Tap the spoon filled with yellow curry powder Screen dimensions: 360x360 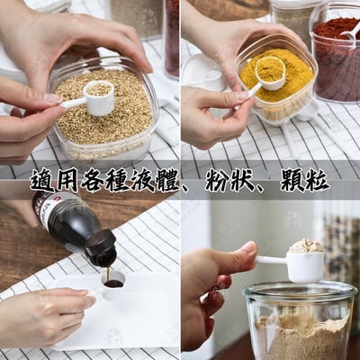(x=269, y=72)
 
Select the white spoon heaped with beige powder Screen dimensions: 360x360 (x=304, y=261)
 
